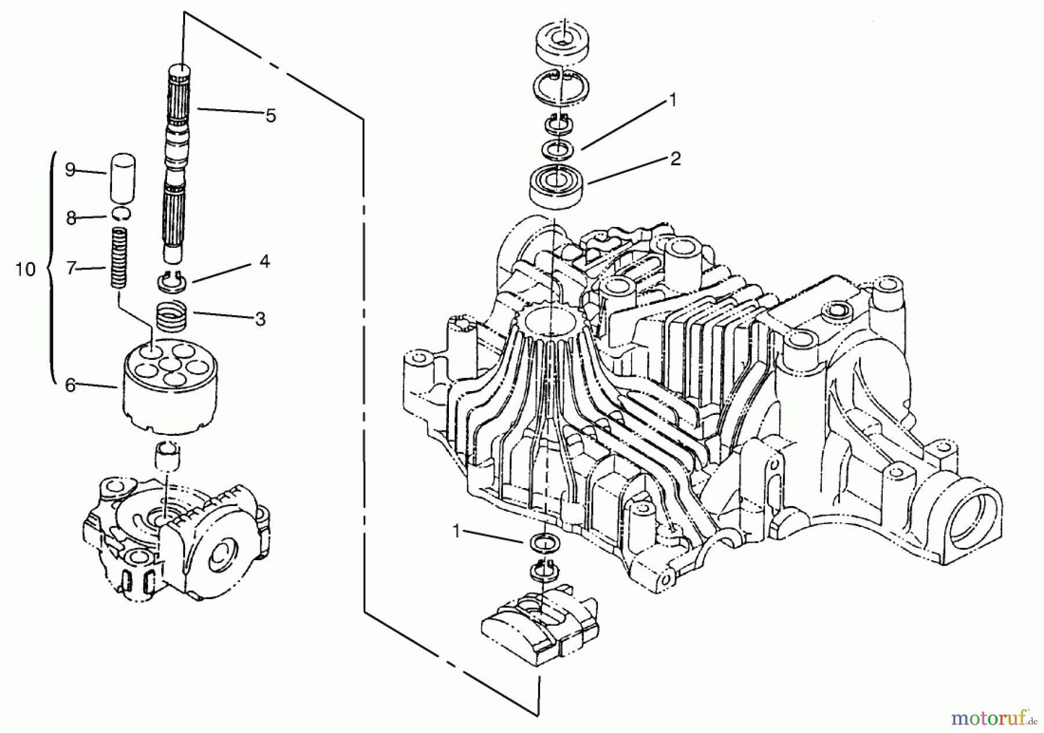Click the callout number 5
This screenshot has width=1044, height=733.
tap(270, 115)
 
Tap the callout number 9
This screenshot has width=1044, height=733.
tap(70, 171)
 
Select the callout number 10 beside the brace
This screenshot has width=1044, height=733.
tap(26, 269)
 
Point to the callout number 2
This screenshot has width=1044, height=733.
tap(675, 158)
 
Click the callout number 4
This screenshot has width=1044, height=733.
tap(264, 261)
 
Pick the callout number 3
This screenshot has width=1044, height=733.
tap(260, 319)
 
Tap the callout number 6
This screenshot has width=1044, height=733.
tap(70, 385)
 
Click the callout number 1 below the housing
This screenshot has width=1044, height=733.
tap(457, 532)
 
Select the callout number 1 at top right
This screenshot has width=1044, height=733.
tap(672, 100)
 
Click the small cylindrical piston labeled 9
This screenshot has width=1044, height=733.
tap(122, 177)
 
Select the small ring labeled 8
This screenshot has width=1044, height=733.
tap(122, 214)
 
